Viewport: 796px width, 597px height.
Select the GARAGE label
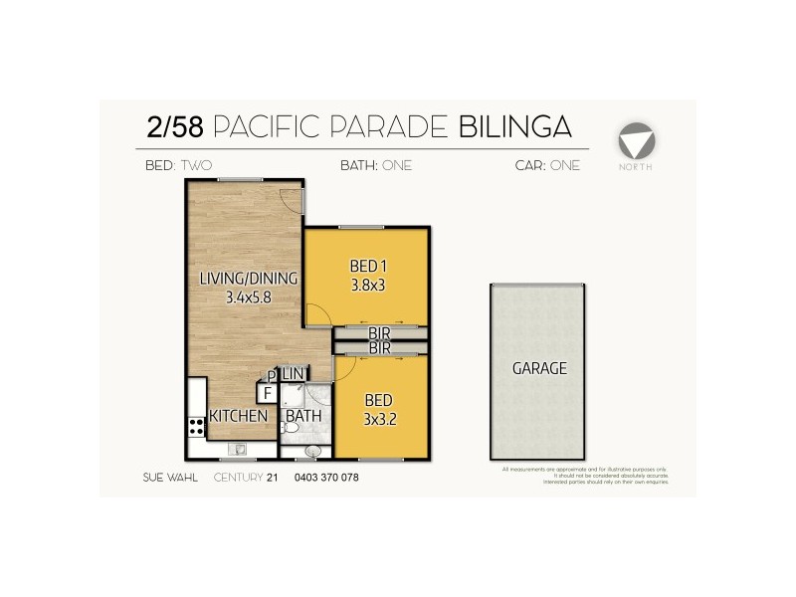[539, 368]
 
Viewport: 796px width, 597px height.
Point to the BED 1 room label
[367, 267]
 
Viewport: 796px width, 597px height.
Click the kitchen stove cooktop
[196, 429]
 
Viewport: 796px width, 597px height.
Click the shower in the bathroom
[294, 396]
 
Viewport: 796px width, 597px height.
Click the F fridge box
[267, 393]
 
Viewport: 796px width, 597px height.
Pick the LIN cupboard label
[293, 373]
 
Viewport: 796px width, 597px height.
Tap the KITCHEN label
[238, 416]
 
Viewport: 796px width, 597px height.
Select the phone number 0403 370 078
[325, 478]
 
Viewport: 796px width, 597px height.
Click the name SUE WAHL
[170, 478]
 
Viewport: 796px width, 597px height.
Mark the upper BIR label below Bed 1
[379, 333]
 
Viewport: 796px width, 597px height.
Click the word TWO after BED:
[196, 166]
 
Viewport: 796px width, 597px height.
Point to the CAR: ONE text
[547, 166]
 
